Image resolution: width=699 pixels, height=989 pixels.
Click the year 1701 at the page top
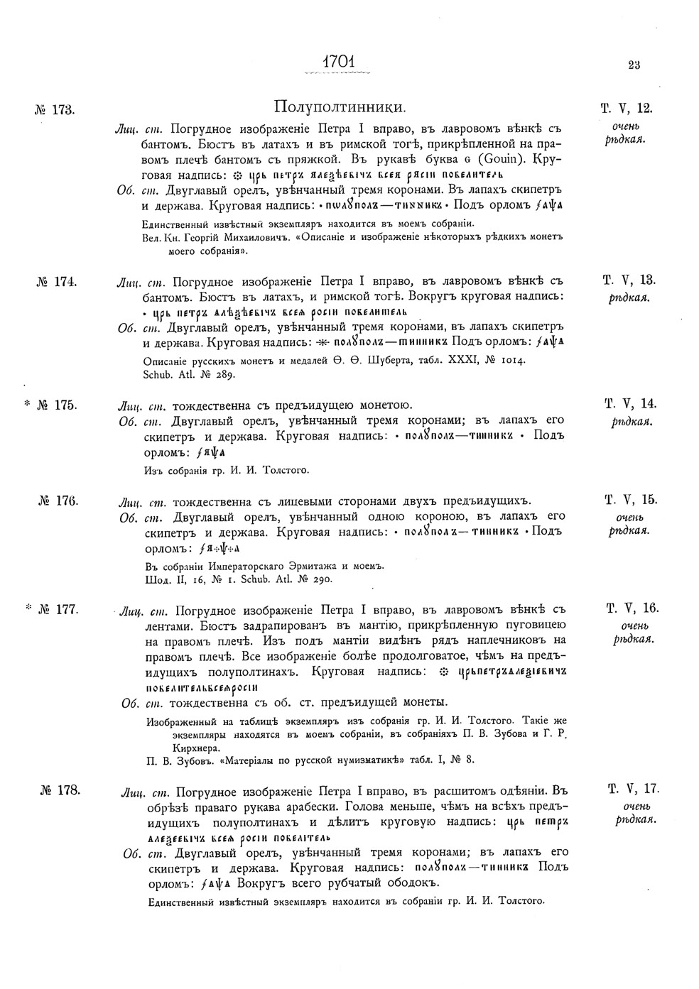[338, 62]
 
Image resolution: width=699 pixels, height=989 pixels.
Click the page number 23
[634, 65]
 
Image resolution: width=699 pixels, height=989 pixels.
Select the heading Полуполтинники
[340, 108]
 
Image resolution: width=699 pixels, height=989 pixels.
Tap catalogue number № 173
[55, 110]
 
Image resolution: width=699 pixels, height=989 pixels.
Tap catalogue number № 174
[55, 281]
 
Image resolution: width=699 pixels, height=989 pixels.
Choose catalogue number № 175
[55, 405]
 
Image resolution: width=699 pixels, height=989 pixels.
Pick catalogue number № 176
[57, 500]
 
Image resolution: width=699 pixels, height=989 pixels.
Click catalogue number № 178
[59, 789]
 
